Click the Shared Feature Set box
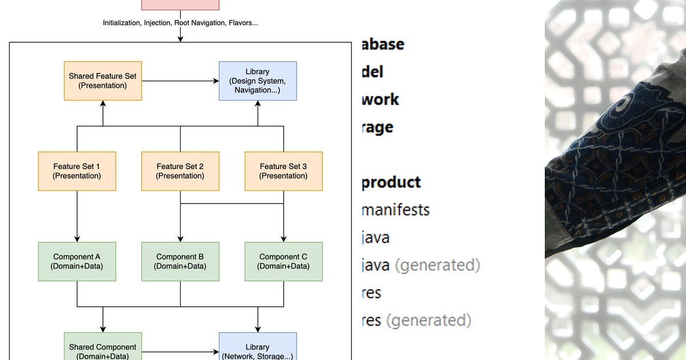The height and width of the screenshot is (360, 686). pyautogui.click(x=102, y=81)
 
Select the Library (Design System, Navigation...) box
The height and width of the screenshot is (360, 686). pyautogui.click(x=257, y=81)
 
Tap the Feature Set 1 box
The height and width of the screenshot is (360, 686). pyautogui.click(x=77, y=171)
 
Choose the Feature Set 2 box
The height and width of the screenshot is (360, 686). pyautogui.click(x=180, y=171)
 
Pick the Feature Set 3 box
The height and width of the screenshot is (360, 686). pyautogui.click(x=283, y=171)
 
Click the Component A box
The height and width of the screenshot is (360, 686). pyautogui.click(x=77, y=261)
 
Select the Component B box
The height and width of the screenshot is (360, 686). pyautogui.click(x=180, y=261)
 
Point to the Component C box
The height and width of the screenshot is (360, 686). pyautogui.click(x=283, y=261)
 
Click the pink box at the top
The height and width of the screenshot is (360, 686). pyautogui.click(x=180, y=5)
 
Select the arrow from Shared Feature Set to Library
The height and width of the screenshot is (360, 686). pyautogui.click(x=180, y=81)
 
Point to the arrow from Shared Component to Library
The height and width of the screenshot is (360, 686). pyautogui.click(x=180, y=351)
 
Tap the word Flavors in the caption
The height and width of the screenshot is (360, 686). pyautogui.click(x=244, y=23)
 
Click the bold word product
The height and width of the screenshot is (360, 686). pyautogui.click(x=391, y=182)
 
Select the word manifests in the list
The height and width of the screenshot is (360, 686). pyautogui.click(x=396, y=210)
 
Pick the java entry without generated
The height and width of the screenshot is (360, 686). pyautogui.click(x=376, y=238)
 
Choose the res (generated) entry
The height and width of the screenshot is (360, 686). pyautogui.click(x=417, y=321)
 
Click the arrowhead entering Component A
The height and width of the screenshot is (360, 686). pyautogui.click(x=77, y=239)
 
